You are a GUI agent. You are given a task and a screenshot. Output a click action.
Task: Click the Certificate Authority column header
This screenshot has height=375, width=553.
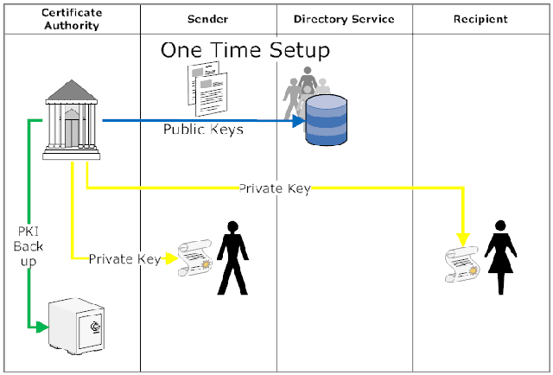(x=71, y=19)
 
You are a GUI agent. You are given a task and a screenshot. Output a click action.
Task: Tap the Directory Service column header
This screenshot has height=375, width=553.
(x=343, y=19)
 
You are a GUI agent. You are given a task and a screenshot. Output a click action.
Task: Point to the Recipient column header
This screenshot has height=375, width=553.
(x=480, y=19)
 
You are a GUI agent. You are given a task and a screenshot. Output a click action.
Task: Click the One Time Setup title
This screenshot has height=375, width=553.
(x=245, y=50)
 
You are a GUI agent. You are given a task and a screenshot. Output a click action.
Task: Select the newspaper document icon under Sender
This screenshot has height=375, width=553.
(x=207, y=88)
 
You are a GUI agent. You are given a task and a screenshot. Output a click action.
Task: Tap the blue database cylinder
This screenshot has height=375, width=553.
(x=326, y=120)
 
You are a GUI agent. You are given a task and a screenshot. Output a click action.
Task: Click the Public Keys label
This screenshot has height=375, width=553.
(x=204, y=130)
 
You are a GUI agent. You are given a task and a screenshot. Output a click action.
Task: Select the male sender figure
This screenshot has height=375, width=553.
(x=232, y=257)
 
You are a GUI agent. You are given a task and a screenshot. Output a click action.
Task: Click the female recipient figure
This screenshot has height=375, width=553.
(x=500, y=257)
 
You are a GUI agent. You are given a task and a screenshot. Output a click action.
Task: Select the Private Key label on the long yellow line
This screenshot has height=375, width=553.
(x=274, y=188)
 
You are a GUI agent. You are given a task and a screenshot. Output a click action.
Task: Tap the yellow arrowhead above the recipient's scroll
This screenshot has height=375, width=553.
(x=463, y=238)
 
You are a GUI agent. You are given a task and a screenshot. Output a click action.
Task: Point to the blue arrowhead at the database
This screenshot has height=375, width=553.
(x=299, y=122)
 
